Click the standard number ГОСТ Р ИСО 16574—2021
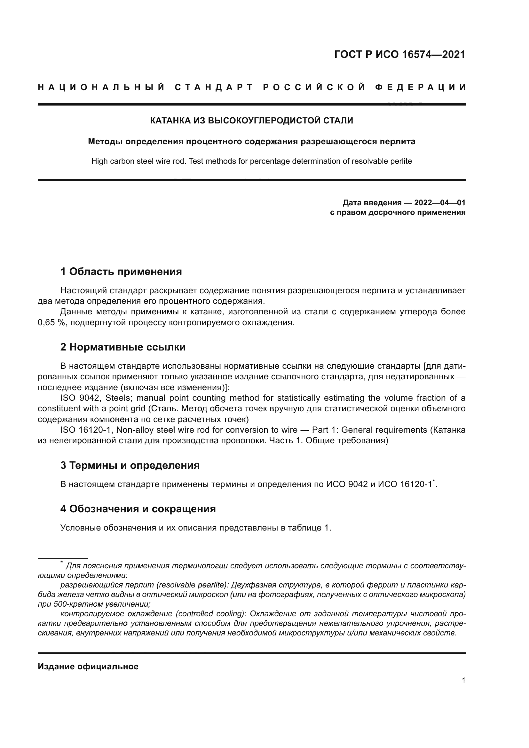pyautogui.click(x=400, y=54)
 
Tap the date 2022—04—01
pyautogui.click(x=439, y=203)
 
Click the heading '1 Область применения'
pyautogui.click(x=121, y=272)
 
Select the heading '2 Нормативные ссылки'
pyautogui.click(x=123, y=347)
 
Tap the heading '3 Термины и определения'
pyautogui.click(x=130, y=465)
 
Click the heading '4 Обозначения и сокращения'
pyautogui.click(x=138, y=508)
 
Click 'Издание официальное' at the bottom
pyautogui.click(x=88, y=666)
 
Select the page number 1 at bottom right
pyautogui.click(x=463, y=680)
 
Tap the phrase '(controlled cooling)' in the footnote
pyautogui.click(x=211, y=614)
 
